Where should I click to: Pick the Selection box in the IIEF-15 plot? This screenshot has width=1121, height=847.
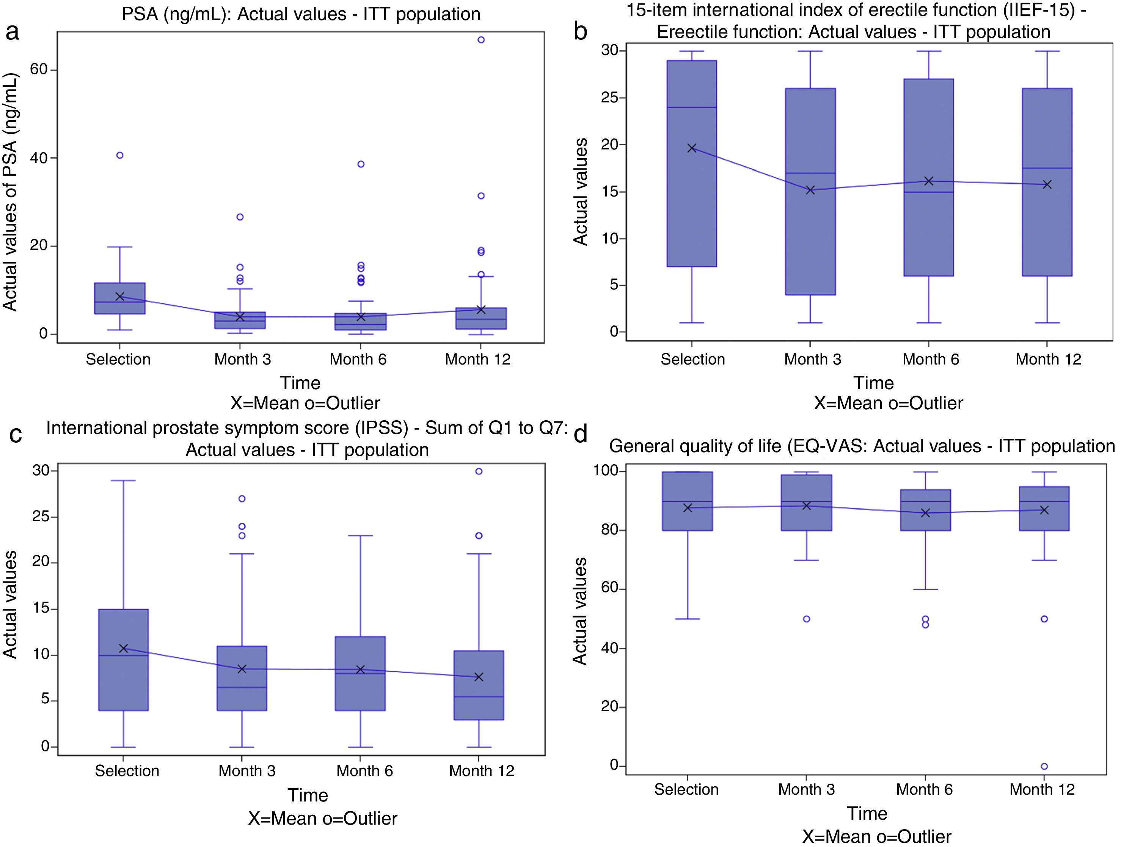(x=692, y=163)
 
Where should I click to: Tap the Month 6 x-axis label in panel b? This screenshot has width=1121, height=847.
(x=931, y=359)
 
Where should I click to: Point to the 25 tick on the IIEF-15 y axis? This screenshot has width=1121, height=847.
(x=610, y=98)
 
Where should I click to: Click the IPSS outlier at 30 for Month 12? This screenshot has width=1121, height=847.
(x=479, y=471)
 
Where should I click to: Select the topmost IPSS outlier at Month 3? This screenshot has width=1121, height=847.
(x=242, y=499)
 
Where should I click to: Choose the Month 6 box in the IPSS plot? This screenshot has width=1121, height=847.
(x=360, y=673)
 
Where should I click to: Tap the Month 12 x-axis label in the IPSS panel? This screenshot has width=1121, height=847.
(x=482, y=771)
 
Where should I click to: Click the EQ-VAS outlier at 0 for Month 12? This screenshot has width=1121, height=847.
(x=1044, y=767)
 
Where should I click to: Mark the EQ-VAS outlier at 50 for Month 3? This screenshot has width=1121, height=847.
(x=806, y=619)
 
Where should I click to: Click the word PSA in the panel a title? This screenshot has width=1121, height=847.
(x=139, y=14)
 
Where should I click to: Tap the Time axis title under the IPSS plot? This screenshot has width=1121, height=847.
(x=308, y=795)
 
